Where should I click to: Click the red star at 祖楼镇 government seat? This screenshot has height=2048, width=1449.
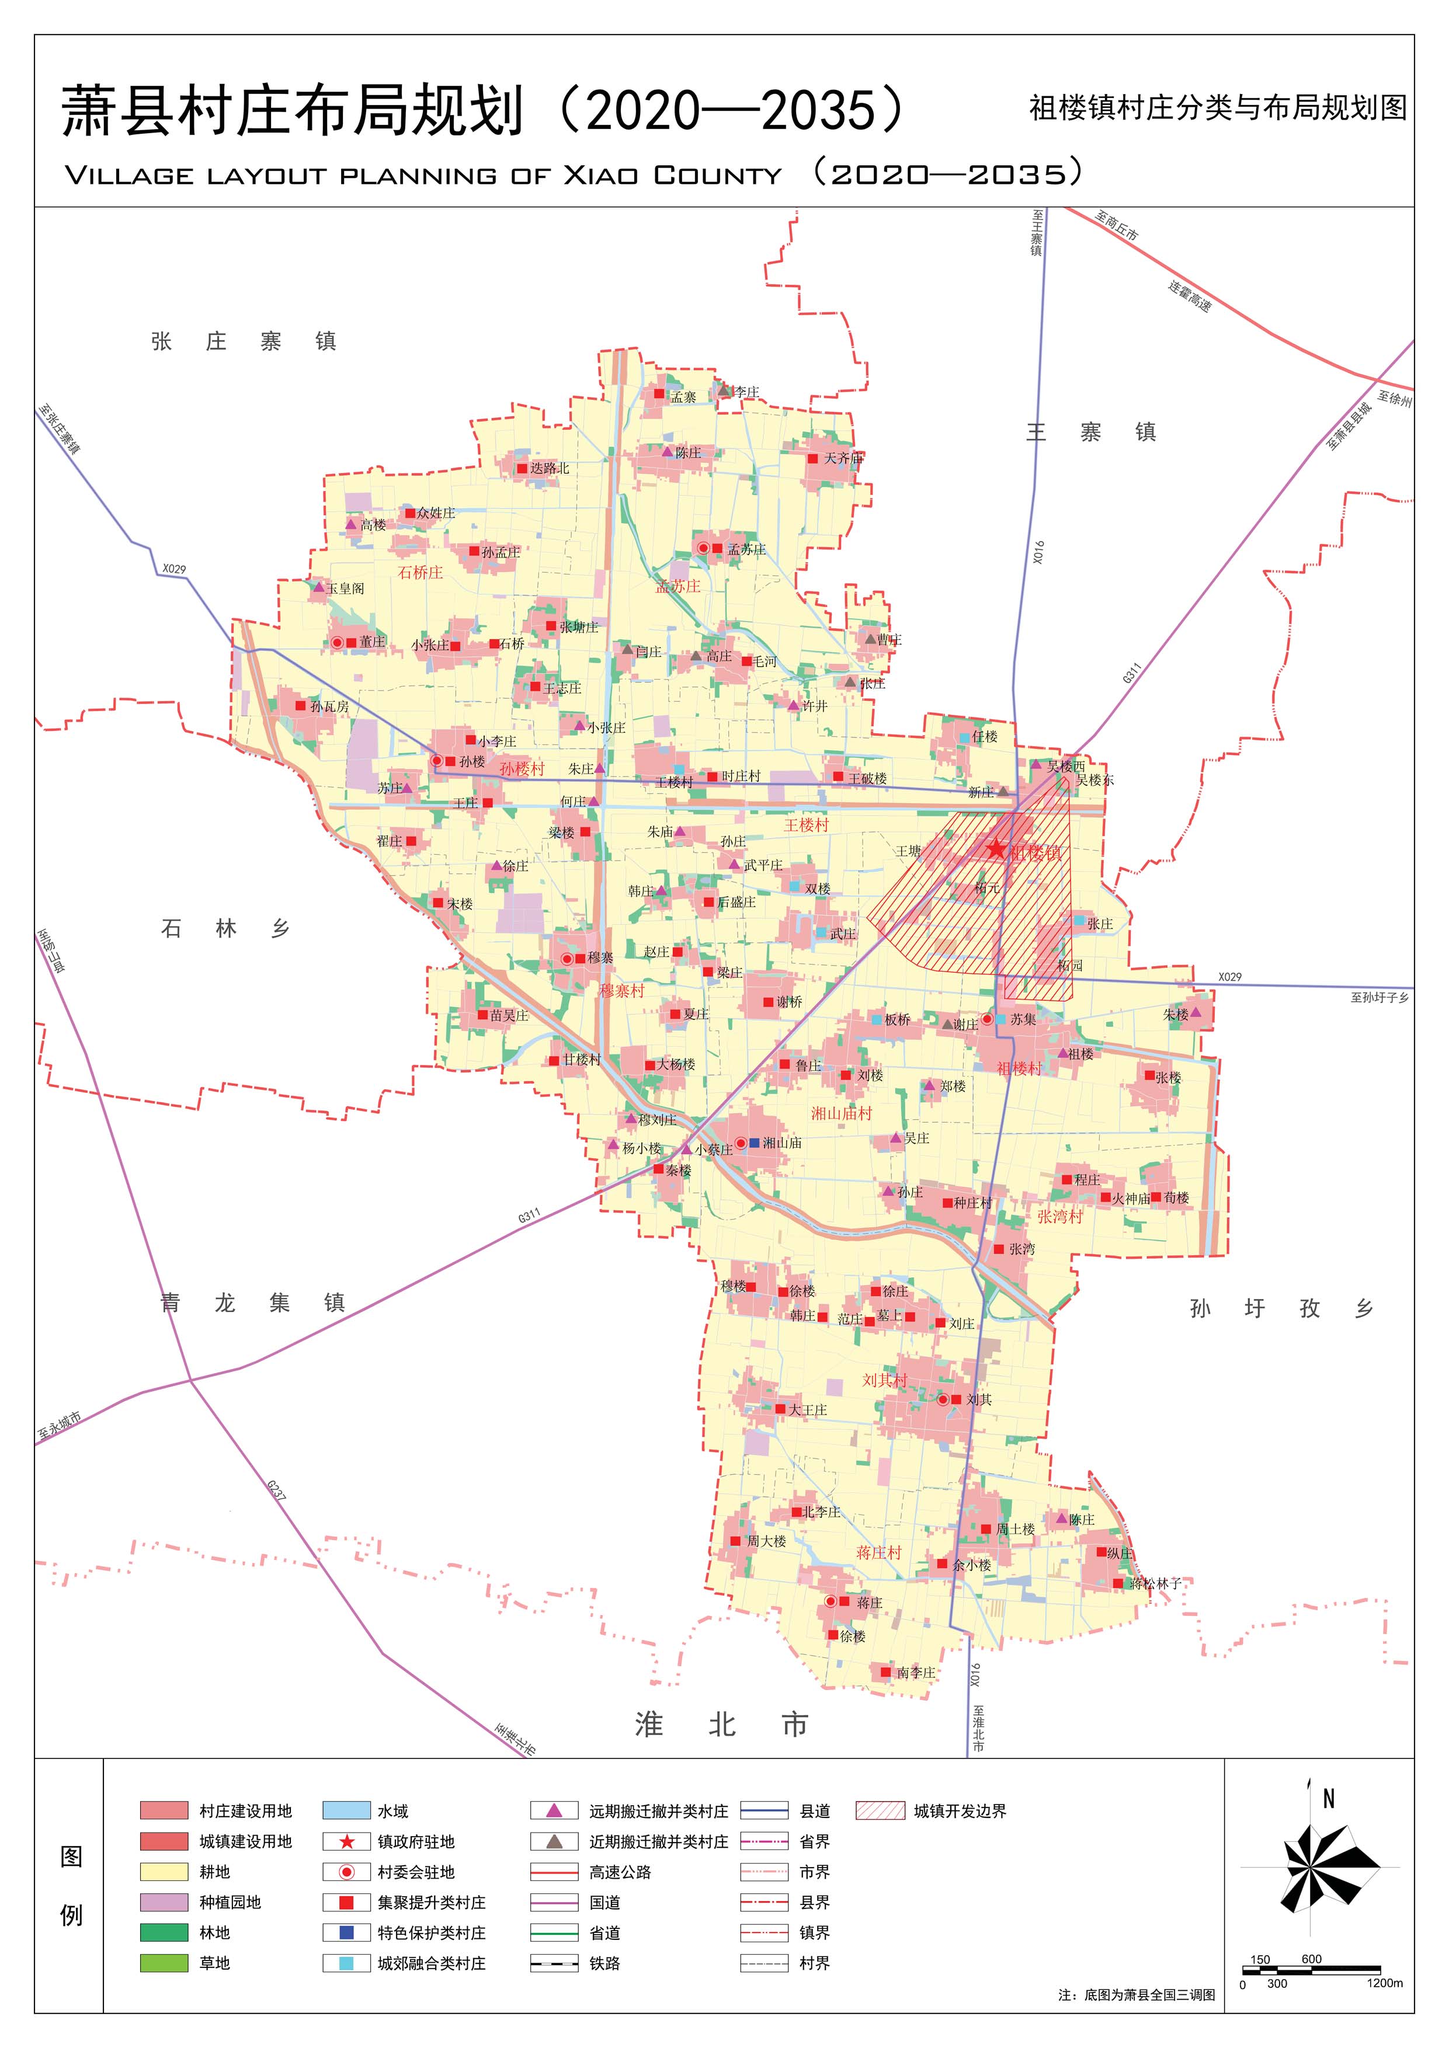996,850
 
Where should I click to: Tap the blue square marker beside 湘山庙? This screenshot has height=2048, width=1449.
755,1143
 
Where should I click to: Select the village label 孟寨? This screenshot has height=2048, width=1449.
683,398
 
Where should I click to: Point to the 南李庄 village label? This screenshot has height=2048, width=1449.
915,1673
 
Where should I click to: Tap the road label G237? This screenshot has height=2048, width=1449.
277,1490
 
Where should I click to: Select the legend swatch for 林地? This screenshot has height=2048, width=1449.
164,1932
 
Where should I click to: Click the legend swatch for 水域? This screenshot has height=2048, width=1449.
346,1811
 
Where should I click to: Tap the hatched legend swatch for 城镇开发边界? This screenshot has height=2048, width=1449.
880,1811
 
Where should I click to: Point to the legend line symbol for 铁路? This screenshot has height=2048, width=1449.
554,1962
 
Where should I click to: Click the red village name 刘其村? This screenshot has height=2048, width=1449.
884,1380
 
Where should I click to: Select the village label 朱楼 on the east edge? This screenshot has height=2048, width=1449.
1175,1014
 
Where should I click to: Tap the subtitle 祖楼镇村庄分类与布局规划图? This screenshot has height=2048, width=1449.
1217,108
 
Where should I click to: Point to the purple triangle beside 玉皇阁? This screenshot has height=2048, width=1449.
318,587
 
